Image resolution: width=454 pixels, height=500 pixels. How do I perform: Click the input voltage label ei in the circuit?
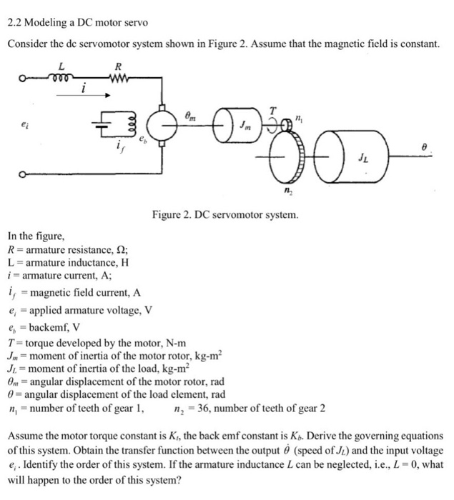[x=24, y=122]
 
